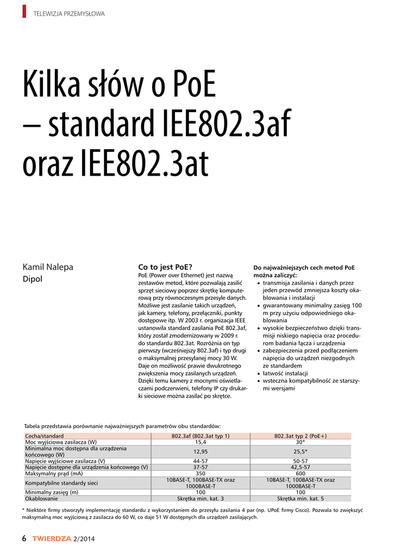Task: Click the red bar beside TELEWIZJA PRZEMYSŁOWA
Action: coord(24,11)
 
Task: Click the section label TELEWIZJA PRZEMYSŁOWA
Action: coord(69,14)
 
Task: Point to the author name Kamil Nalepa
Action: coord(47,267)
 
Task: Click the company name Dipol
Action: coord(32,279)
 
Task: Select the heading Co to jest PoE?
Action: coord(166,267)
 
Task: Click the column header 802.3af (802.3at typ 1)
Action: coord(201,436)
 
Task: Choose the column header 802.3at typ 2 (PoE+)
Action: coord(301,436)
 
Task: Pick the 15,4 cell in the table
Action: coord(201,442)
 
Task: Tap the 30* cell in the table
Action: coord(301,442)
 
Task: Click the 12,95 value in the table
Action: coord(201,451)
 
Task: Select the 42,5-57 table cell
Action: coord(301,467)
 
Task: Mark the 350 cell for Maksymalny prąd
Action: coord(201,473)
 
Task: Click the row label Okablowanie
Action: coord(42,498)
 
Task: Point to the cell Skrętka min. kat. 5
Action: coord(301,498)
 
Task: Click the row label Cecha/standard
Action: coord(45,436)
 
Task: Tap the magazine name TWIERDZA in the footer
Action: coord(52,539)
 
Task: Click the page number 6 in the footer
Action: coord(24,539)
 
